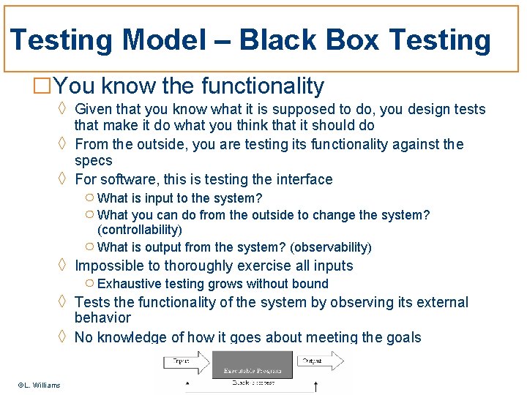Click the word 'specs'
pos(94,160)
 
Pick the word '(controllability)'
pos(140,230)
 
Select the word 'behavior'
pos(102,317)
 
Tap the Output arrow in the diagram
pos(320,361)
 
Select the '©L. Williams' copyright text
pos(40,385)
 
